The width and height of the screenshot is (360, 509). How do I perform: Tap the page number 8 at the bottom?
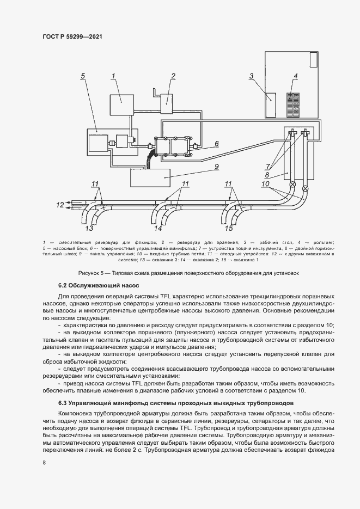point(44,463)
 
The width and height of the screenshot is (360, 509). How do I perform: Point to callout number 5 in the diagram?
point(82,76)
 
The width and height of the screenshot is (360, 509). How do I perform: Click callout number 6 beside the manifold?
point(216,144)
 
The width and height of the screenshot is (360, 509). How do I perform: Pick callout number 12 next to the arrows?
point(60,205)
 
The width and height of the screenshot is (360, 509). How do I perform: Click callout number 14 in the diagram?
point(158,228)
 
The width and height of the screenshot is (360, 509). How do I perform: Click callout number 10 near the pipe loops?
point(265,184)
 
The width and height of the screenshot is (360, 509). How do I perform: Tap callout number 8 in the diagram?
point(267,175)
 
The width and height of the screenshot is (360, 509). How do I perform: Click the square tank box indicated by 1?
point(121,104)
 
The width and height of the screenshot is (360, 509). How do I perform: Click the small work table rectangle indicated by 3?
point(270,105)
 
